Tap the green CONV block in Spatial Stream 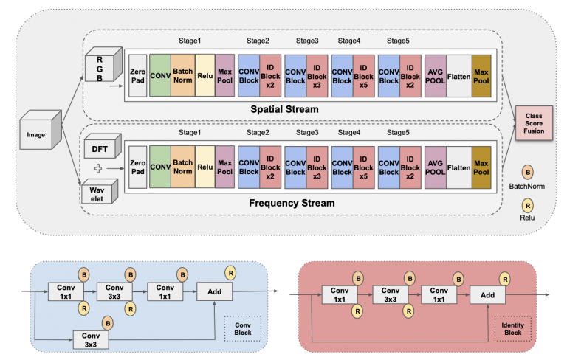point(161,76)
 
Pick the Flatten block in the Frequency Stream point(458,169)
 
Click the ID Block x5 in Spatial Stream point(365,76)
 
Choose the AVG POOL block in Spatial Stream point(435,76)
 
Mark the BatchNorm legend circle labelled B point(528,171)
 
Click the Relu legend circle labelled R point(526,207)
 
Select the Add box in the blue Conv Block point(215,291)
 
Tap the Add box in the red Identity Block point(488,295)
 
